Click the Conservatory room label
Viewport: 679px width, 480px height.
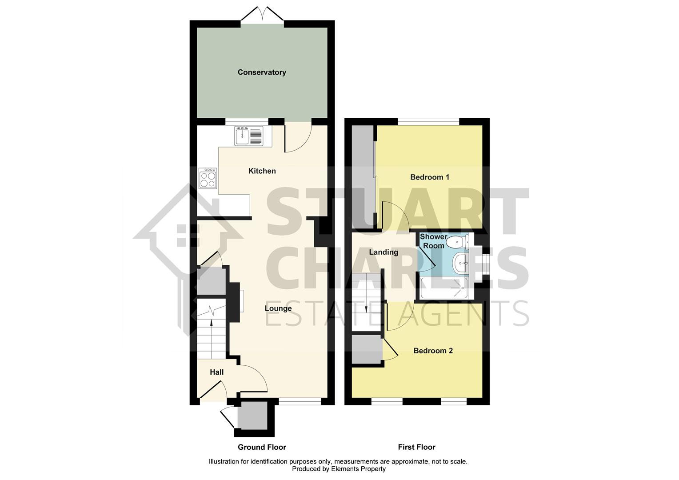click(262, 72)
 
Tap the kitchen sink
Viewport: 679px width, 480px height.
click(242, 135)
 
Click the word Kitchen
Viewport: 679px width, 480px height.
click(262, 171)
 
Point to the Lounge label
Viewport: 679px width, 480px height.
click(278, 308)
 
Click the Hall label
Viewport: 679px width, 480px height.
click(216, 372)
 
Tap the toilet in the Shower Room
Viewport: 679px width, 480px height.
click(456, 242)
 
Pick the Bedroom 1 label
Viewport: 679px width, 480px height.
click(429, 177)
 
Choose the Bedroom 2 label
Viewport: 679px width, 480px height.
click(433, 351)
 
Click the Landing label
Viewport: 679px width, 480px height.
click(383, 252)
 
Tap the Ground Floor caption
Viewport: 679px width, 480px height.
click(262, 447)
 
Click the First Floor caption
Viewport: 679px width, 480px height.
click(416, 447)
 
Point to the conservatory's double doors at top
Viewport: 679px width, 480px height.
click(262, 14)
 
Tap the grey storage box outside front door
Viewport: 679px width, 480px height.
click(252, 416)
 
